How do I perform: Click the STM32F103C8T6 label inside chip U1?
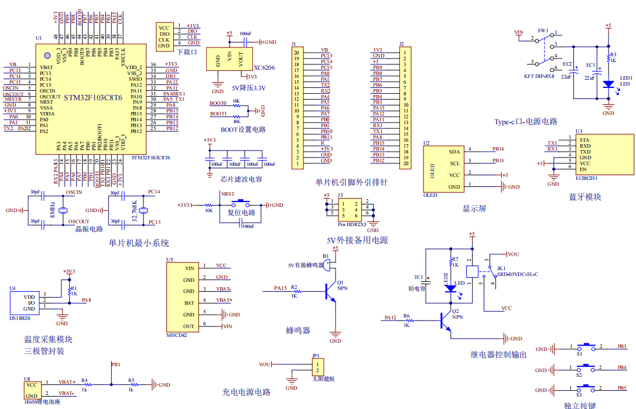(x=93, y=98)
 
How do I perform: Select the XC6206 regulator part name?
(x=264, y=67)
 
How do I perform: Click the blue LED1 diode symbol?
(x=608, y=84)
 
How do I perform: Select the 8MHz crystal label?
(x=52, y=209)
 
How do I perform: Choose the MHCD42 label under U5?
(x=176, y=335)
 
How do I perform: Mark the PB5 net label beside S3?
(x=622, y=388)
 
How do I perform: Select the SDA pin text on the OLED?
(x=454, y=151)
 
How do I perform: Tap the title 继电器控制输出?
(x=498, y=354)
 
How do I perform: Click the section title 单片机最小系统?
(x=139, y=243)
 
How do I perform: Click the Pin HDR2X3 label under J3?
(x=351, y=224)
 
